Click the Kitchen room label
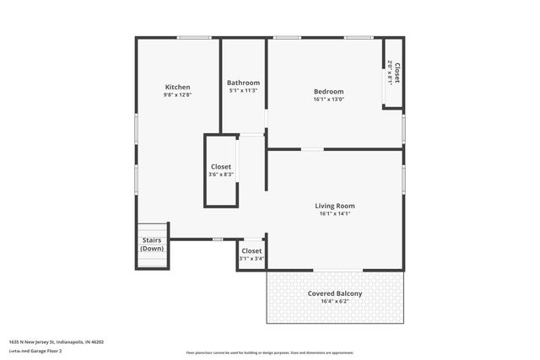pyautogui.click(x=177, y=88)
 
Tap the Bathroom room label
pyautogui.click(x=243, y=83)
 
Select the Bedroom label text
pyautogui.click(x=328, y=92)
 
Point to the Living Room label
pyautogui.click(x=335, y=206)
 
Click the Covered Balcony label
pyautogui.click(x=335, y=293)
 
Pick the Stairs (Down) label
pyautogui.click(x=152, y=244)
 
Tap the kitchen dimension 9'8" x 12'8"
pyautogui.click(x=177, y=95)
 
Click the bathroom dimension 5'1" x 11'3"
pyautogui.click(x=243, y=91)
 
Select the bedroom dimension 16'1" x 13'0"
pyautogui.click(x=328, y=99)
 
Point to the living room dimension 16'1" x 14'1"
pyautogui.click(x=335, y=214)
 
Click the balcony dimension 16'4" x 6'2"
pyautogui.click(x=335, y=302)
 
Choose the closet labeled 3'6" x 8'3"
pyautogui.click(x=220, y=170)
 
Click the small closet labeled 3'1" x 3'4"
pyautogui.click(x=251, y=255)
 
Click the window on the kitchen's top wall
pyautogui.click(x=194, y=37)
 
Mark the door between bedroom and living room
pyautogui.click(x=312, y=149)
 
